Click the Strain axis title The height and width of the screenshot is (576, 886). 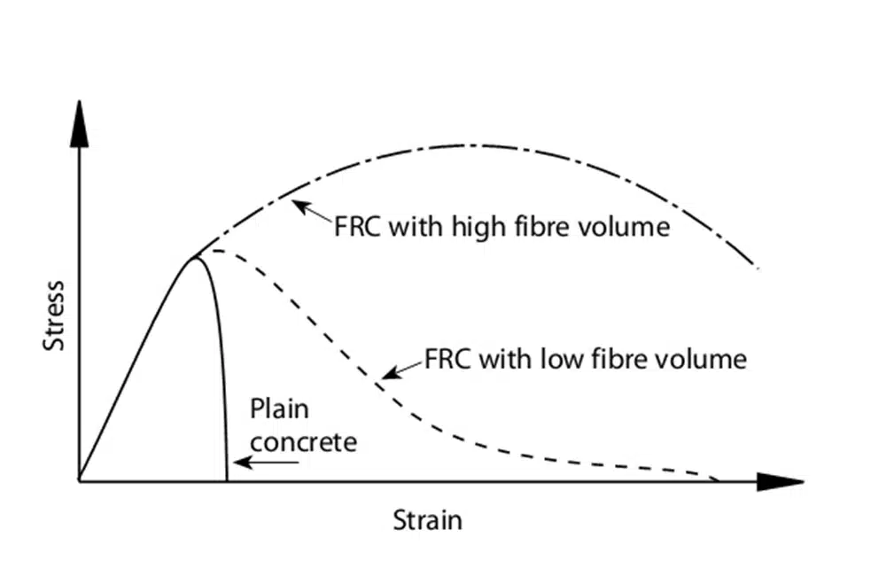428,519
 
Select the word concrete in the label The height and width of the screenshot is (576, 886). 304,440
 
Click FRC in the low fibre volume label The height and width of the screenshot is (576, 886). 447,360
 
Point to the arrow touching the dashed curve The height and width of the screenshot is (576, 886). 401,370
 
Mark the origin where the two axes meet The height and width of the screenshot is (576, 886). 80,481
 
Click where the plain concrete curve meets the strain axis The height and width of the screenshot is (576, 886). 227,481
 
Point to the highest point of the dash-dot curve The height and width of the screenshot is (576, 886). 470,144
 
